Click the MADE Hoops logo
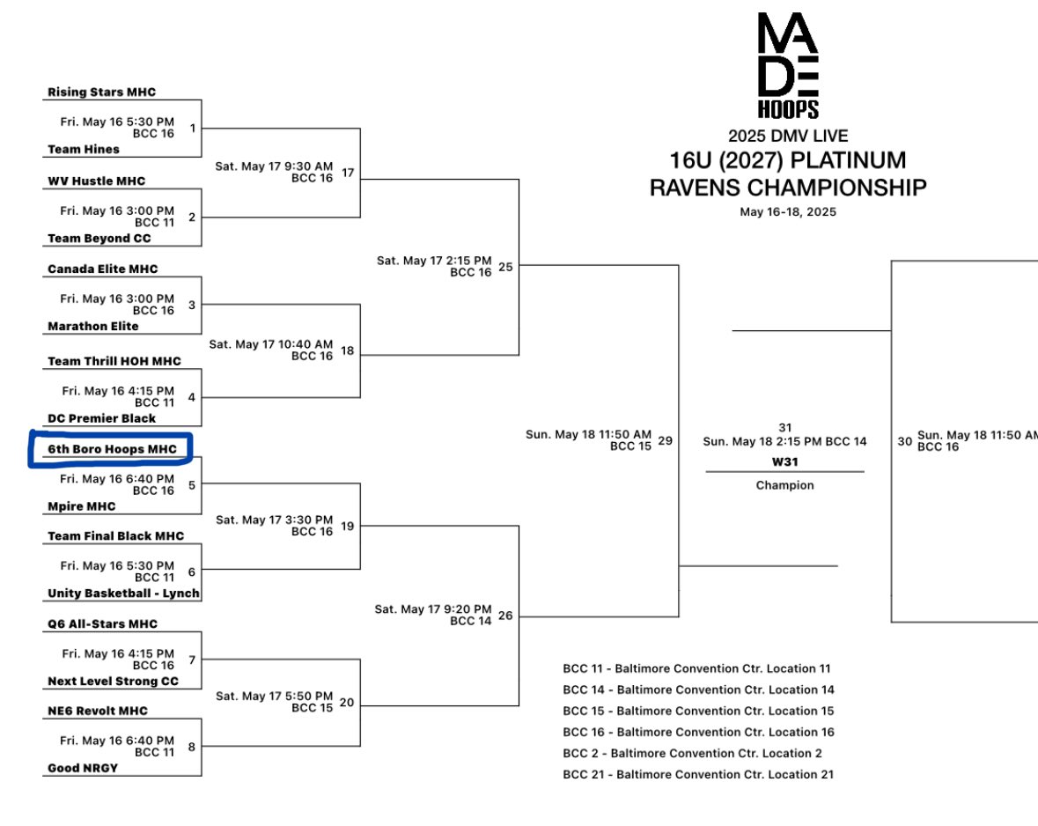coord(788,66)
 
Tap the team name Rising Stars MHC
coord(101,92)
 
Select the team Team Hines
coord(84,150)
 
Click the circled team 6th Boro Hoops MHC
coord(112,449)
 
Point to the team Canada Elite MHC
coord(103,269)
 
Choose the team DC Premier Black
coord(101,418)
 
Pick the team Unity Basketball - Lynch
coord(123,594)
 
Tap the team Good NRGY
coord(83,768)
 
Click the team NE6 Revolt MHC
coord(98,711)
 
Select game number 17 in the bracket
coord(348,173)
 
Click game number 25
coord(505,267)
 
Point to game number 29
coord(665,440)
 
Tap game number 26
coord(505,616)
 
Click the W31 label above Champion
coord(784,462)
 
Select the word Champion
coord(784,485)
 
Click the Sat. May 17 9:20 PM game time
coord(433,609)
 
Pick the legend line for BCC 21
coord(698,775)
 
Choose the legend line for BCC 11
coord(696,669)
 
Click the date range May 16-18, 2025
coord(788,212)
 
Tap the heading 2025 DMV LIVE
coord(788,136)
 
